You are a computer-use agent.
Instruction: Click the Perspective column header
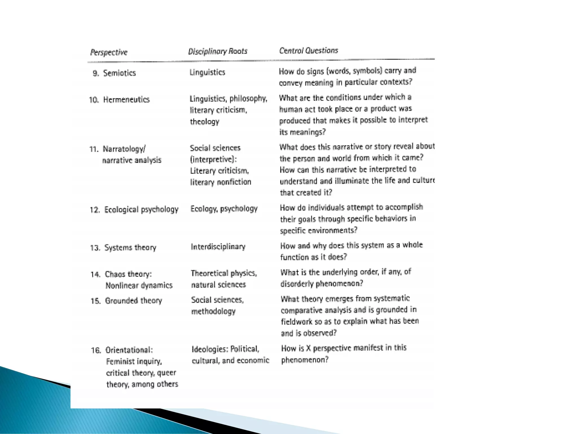109,52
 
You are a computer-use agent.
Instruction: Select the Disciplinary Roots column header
218,51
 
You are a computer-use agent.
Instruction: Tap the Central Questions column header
308,50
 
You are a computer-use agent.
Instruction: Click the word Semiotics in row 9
119,73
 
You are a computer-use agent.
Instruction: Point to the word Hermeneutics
126,99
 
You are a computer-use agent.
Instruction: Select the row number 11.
94,149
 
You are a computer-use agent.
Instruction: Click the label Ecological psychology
141,210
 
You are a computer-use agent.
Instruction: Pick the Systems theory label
130,248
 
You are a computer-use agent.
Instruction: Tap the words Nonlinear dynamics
139,285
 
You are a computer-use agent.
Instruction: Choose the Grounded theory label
133,301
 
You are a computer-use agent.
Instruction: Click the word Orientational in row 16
129,350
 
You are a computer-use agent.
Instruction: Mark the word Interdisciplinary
218,247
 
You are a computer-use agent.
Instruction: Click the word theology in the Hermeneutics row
204,121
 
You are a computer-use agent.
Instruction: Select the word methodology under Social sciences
213,311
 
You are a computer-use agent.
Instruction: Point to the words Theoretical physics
224,273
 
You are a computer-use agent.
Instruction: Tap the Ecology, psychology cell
224,209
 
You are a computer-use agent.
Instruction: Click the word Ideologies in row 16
209,349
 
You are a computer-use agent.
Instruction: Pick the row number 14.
95,274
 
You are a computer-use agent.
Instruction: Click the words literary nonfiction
220,182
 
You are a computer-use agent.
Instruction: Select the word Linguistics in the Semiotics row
207,72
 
